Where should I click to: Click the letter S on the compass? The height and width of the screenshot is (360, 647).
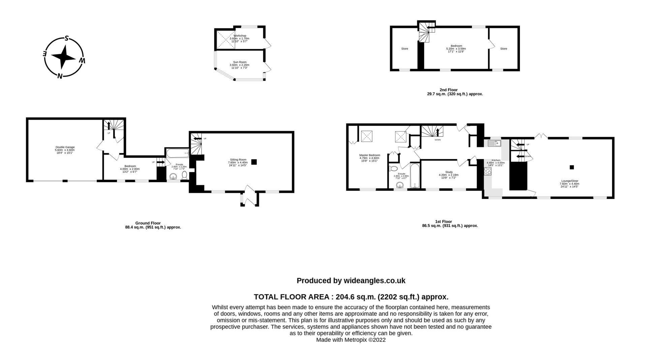(x=67, y=38)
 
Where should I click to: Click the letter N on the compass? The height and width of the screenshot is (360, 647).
(x=60, y=76)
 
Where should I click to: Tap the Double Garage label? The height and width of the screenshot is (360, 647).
(x=65, y=147)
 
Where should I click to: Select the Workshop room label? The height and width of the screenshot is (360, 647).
(x=240, y=36)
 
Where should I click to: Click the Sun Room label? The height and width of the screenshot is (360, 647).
(x=240, y=62)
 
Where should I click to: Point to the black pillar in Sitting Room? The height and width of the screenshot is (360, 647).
(x=254, y=162)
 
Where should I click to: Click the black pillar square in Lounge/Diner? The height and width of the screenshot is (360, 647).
(x=572, y=167)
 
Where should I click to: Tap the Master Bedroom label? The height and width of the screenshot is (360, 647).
(x=369, y=155)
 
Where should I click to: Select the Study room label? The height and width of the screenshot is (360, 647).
(x=449, y=172)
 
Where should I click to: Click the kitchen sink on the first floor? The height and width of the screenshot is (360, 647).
(x=494, y=143)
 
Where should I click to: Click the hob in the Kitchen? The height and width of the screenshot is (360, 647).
(x=487, y=171)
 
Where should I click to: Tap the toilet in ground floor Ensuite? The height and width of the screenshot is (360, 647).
(x=184, y=175)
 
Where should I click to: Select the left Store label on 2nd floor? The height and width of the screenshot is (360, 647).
(x=404, y=49)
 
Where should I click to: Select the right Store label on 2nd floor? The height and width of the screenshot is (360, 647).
(x=503, y=49)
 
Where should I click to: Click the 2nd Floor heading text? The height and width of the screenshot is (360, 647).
(x=449, y=90)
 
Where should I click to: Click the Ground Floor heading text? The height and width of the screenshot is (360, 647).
(x=148, y=223)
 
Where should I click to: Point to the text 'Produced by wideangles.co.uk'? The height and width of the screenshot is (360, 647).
(x=351, y=281)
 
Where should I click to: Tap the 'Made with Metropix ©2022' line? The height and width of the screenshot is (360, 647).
(x=351, y=340)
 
